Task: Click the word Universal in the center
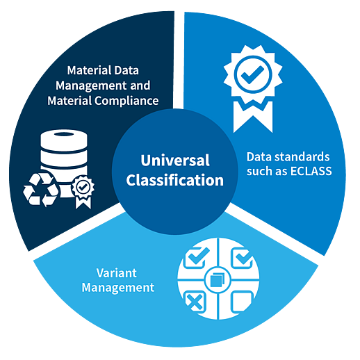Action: pos(175,160)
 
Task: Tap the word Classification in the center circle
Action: pos(175,180)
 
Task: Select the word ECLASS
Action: pos(311,171)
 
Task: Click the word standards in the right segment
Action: pos(302,157)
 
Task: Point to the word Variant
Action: pos(117,273)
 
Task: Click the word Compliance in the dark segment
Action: pos(126,101)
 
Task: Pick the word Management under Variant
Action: pos(118,288)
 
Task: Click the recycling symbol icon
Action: pos(41,190)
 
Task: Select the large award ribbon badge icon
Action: pos(253,88)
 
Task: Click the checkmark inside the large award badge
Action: pos(252,74)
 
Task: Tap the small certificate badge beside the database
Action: pos(83,191)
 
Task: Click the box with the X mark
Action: pos(195,302)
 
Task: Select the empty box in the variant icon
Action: pos(242,302)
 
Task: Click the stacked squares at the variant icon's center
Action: pos(218,279)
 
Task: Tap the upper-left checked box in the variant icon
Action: pos(195,257)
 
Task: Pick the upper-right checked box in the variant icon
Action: pos(242,258)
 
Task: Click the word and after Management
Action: pos(140,85)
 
